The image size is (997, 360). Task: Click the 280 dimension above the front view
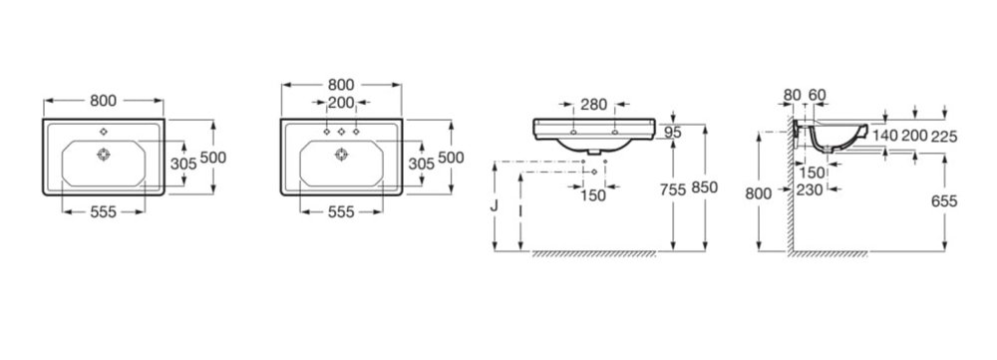(x=593, y=105)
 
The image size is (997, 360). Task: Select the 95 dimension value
(x=672, y=133)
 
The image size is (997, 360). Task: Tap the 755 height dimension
(x=673, y=189)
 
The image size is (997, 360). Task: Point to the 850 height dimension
(x=705, y=187)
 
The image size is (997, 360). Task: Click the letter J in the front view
(x=495, y=205)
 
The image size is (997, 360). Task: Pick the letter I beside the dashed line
(x=520, y=209)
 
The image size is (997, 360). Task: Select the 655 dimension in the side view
(x=944, y=201)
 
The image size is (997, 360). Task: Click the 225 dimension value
(x=944, y=136)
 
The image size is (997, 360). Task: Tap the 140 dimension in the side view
(x=884, y=136)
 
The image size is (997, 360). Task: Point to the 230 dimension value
(x=811, y=188)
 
